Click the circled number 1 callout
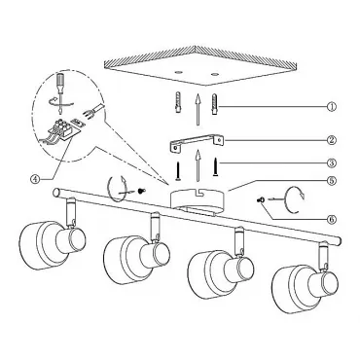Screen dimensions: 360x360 pos(332,106)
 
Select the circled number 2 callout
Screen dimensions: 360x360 pos(332,140)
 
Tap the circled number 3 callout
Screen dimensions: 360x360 pos(332,163)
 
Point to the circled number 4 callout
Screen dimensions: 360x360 pos(35,178)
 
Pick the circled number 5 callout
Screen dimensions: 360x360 pos(332,181)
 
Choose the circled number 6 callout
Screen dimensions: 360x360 pos(332,220)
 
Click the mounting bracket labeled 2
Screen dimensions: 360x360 pos(198,142)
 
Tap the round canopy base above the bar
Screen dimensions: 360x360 pos(197,201)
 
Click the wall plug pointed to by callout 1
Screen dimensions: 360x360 pos(215,104)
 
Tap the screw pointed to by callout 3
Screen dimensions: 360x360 pos(215,166)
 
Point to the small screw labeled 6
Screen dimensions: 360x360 pos(260,200)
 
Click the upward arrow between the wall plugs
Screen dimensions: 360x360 pos(197,109)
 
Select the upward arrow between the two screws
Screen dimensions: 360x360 pos(198,165)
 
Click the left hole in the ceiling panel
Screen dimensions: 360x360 pos(178,71)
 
